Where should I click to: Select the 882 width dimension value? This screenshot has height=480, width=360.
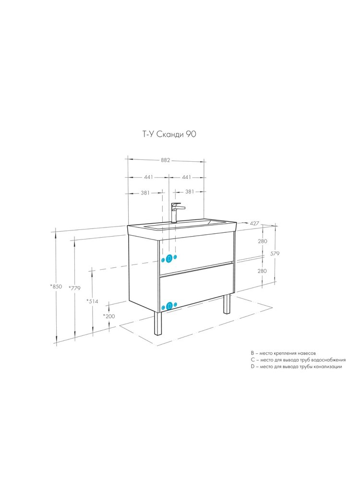click(x=165, y=160)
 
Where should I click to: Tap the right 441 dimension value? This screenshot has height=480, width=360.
click(x=186, y=177)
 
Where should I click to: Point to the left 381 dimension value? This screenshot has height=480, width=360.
click(x=145, y=192)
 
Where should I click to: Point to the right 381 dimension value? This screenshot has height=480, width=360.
click(x=190, y=192)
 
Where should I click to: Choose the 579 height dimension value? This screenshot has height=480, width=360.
click(x=275, y=253)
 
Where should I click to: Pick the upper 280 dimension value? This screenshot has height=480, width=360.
click(x=263, y=241)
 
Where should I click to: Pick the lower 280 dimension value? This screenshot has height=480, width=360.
click(x=262, y=271)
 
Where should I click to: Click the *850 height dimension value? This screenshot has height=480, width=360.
click(x=56, y=287)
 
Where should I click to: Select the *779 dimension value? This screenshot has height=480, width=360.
click(x=74, y=288)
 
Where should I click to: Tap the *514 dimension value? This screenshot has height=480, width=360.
click(x=92, y=301)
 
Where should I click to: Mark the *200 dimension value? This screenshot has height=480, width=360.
click(x=109, y=316)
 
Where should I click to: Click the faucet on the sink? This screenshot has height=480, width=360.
click(x=177, y=212)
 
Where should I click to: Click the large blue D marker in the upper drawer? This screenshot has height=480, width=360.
click(x=168, y=259)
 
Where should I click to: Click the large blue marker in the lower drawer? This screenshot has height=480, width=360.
click(x=168, y=305)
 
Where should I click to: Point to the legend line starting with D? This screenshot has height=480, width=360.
click(x=296, y=366)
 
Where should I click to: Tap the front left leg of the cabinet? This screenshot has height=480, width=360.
click(x=158, y=323)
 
